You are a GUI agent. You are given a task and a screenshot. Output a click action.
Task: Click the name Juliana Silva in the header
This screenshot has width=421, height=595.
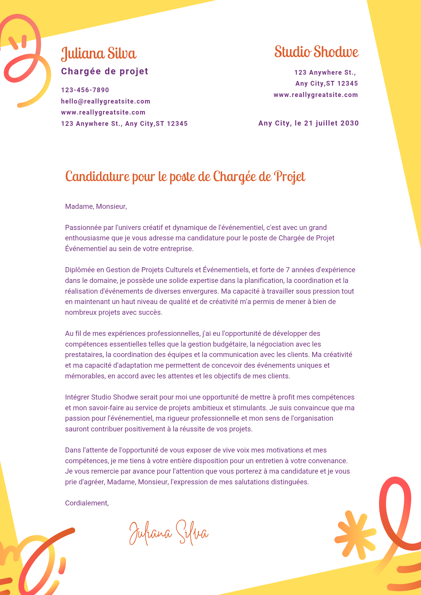click(99, 54)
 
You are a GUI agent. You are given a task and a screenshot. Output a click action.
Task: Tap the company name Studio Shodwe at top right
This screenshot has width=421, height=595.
click(316, 52)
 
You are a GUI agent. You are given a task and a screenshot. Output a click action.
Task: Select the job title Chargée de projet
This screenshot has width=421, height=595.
click(105, 71)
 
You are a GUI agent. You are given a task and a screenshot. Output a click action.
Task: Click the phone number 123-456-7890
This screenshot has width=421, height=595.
click(85, 90)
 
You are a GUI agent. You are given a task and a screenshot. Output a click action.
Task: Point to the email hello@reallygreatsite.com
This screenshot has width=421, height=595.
click(106, 101)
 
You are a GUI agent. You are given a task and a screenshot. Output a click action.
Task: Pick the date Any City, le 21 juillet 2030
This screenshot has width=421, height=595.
click(308, 123)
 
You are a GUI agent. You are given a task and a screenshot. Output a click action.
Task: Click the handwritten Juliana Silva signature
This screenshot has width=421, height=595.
click(169, 533)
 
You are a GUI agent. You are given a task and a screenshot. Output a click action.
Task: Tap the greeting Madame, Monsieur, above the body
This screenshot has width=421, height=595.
click(96, 206)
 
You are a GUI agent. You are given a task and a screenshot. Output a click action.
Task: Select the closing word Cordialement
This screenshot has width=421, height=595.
click(87, 503)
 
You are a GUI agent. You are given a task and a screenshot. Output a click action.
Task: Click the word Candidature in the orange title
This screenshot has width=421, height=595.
click(98, 176)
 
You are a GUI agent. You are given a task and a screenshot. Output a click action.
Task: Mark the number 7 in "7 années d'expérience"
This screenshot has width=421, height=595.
click(288, 270)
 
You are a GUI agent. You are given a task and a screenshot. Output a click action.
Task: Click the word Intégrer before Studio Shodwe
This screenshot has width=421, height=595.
click(77, 397)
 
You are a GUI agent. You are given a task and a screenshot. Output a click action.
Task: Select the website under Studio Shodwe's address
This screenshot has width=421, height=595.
click(316, 95)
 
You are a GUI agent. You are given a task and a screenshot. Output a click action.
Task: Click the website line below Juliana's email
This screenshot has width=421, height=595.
click(103, 112)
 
